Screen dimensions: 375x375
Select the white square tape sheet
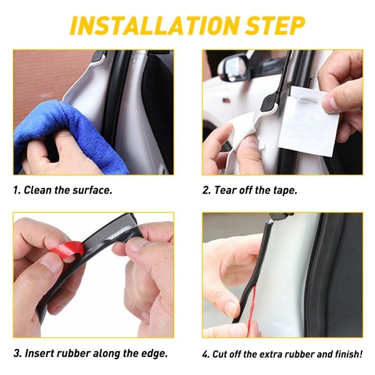tap(308, 122)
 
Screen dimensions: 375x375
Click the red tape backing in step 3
tap(67, 253)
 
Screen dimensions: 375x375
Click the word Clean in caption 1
tap(37, 190)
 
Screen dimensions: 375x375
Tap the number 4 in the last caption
tap(205, 354)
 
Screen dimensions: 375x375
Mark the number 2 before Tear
tap(206, 190)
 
